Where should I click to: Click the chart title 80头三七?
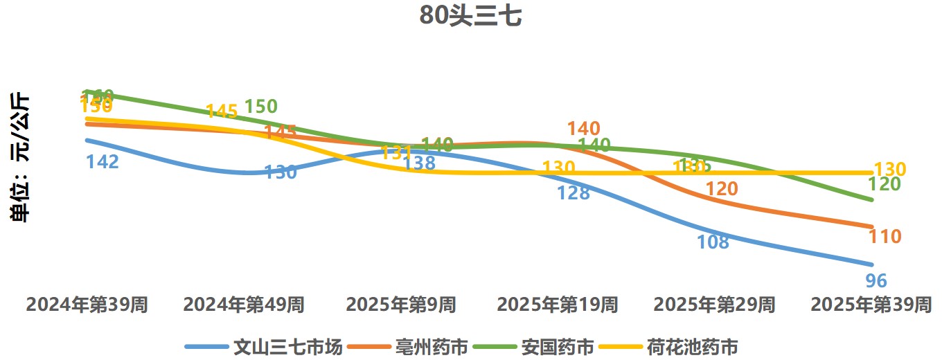(x=470, y=16)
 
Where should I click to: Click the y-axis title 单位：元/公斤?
(x=21, y=157)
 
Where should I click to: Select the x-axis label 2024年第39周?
(x=87, y=305)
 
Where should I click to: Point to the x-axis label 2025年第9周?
(x=400, y=305)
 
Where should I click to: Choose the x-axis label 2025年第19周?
(x=557, y=305)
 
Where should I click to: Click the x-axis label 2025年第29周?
(x=714, y=305)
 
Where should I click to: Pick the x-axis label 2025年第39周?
(x=871, y=305)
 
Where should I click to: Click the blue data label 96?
(x=876, y=281)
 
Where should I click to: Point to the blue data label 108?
(x=713, y=242)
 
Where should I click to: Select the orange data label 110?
(x=885, y=237)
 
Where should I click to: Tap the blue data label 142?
(x=103, y=162)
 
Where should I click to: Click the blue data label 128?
(x=574, y=193)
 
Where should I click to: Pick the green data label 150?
(x=261, y=107)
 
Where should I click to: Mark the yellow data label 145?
(x=222, y=111)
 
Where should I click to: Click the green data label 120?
(x=885, y=184)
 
